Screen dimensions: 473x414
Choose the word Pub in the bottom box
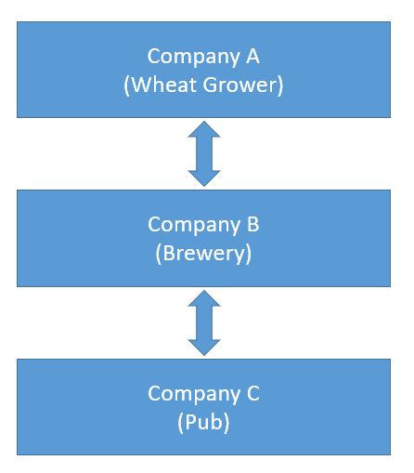204,421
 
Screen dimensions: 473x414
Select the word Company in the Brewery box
191,225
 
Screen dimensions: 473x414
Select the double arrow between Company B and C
204,322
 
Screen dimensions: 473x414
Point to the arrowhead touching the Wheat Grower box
204,129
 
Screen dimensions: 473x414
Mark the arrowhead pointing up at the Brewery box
204,298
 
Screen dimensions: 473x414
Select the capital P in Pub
191,421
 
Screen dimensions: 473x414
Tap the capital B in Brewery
168,252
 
